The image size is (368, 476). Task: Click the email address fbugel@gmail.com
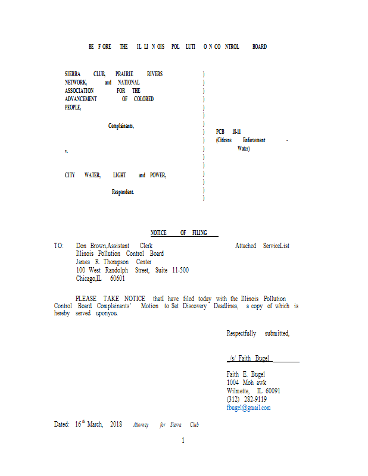pos(248,408)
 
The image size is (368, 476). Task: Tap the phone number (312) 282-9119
pos(247,399)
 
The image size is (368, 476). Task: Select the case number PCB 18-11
pos(229,132)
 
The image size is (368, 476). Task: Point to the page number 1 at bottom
pos(183,440)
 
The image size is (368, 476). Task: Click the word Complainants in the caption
pos(121,126)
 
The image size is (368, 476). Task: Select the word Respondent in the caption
pos(123,192)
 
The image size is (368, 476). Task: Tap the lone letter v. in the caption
pos(66,151)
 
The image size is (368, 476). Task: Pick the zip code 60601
pos(117,278)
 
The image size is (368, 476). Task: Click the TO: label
pos(58,246)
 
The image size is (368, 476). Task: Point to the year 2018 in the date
pos(116,424)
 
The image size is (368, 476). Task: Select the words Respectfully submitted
pos(258,333)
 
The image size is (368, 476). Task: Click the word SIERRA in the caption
pos(73,74)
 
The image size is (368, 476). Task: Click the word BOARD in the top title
pos(259,46)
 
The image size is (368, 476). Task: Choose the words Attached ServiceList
pos(262,246)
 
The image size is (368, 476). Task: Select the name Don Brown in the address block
pos(91,246)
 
